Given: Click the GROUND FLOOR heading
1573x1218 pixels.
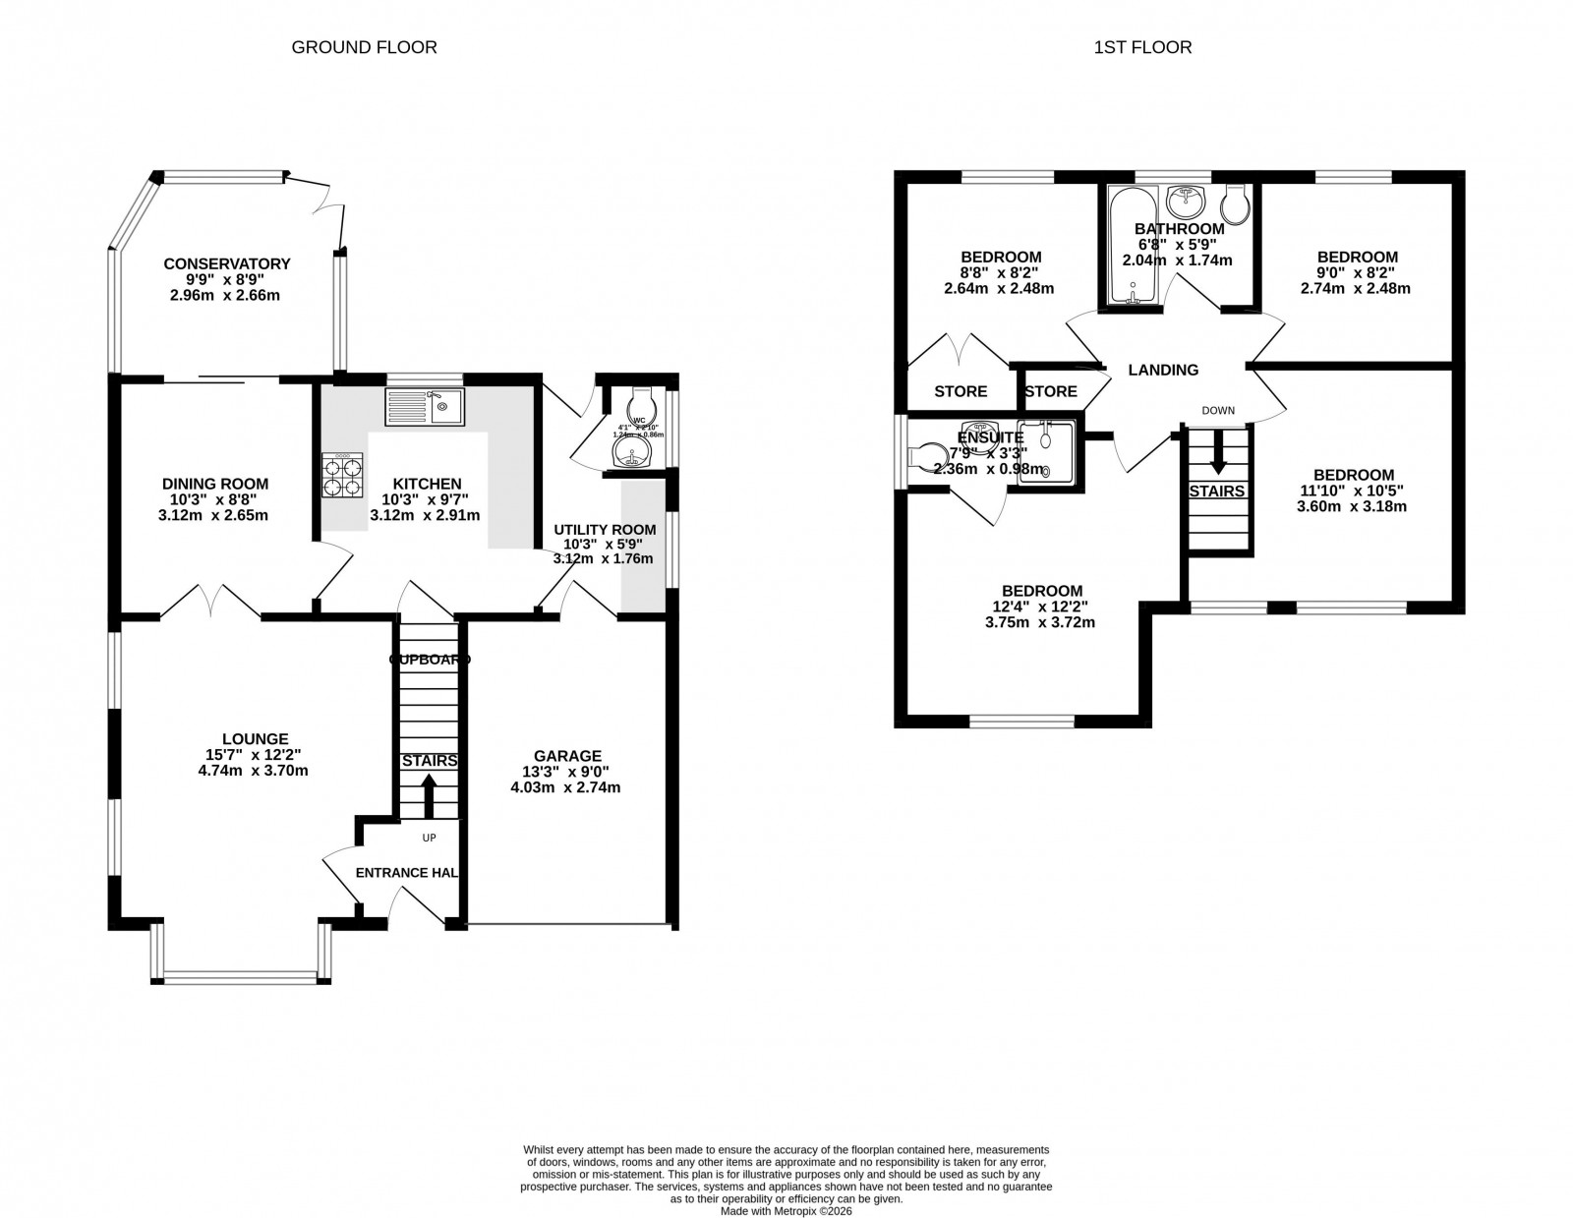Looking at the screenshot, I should coord(364,46).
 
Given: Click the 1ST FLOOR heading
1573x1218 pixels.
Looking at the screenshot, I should coord(1142,46).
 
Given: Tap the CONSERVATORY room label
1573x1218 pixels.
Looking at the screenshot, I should coord(226,263).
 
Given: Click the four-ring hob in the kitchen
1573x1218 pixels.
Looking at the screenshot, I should coord(341,476).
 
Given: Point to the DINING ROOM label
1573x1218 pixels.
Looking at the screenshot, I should coord(215,484).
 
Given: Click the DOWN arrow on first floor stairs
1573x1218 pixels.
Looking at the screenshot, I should coord(1218,453).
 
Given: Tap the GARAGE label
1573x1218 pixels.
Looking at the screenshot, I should coord(567,755).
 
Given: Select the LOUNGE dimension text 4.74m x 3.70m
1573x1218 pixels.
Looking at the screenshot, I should coord(253,771).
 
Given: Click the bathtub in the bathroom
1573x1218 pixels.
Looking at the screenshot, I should coord(1133,246).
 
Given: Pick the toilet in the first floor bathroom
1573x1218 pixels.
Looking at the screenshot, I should coord(1235,203).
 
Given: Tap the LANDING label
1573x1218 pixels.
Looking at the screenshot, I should coord(1163,370).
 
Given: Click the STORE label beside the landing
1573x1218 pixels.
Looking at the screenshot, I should coord(1051,391).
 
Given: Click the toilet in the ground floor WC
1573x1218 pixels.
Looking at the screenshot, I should coord(640,402).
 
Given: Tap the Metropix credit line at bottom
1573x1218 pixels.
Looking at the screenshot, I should coord(786,1211).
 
